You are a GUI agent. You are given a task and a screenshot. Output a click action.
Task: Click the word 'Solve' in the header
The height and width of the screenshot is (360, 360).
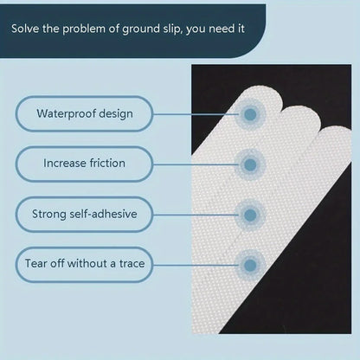click(x=27, y=29)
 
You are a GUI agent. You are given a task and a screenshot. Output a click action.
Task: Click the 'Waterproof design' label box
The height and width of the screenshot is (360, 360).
click(x=84, y=113)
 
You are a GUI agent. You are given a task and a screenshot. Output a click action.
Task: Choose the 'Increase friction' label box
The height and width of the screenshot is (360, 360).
click(x=84, y=163)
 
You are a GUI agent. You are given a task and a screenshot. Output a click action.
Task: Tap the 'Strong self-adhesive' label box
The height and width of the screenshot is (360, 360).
click(x=84, y=213)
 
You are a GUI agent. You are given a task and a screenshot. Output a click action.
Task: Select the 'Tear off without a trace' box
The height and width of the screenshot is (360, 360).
click(x=84, y=263)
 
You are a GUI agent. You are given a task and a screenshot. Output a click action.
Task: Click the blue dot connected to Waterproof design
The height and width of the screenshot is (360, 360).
click(x=250, y=113)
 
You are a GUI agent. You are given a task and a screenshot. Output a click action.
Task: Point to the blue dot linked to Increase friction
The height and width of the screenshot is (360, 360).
click(x=250, y=163)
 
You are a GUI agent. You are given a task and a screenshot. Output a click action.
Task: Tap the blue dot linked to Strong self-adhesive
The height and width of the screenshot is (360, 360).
click(x=250, y=213)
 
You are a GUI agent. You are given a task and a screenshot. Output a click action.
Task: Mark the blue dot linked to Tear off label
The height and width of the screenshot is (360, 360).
click(x=250, y=263)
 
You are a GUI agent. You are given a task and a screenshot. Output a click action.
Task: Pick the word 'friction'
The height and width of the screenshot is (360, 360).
click(x=106, y=163)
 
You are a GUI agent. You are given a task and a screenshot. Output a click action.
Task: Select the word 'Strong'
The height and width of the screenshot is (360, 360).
click(x=49, y=213)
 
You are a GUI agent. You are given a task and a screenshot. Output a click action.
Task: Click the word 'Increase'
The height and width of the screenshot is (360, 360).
click(x=64, y=163)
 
